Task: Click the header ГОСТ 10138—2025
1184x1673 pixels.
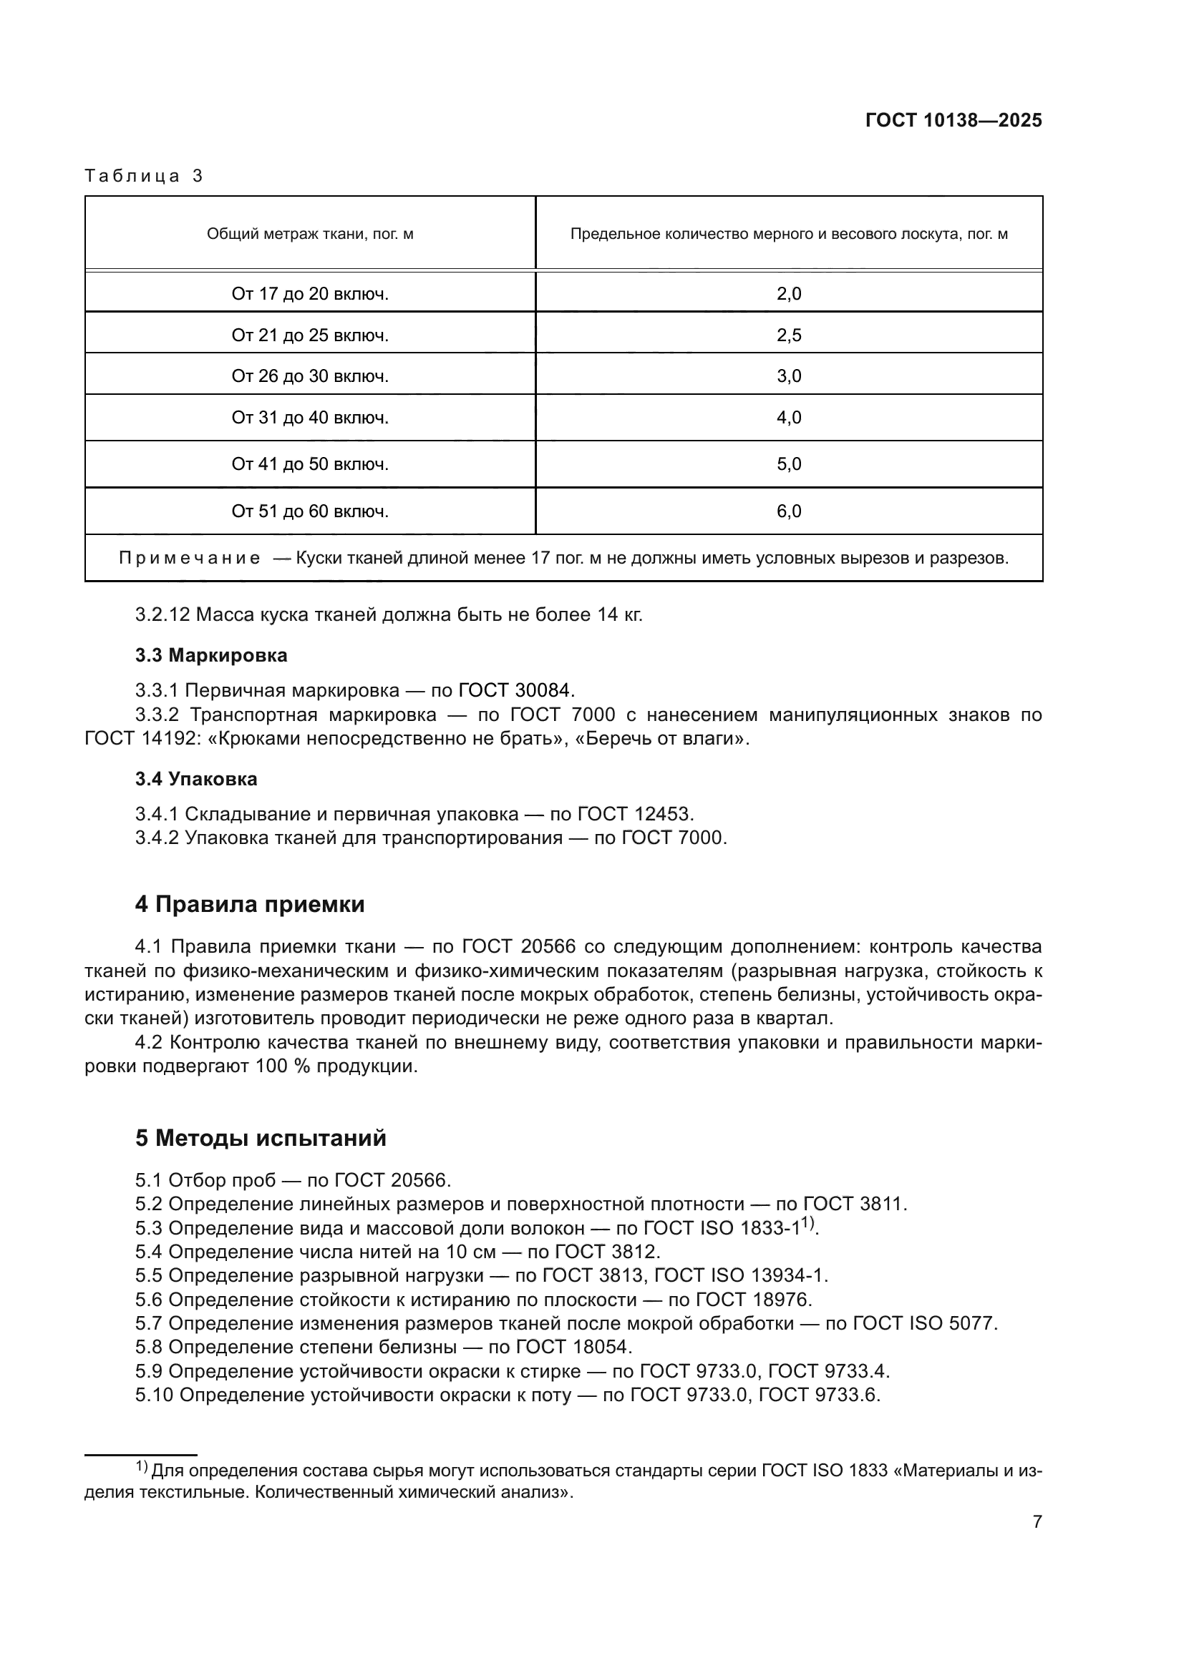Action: [953, 121]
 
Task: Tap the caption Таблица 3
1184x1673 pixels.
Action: [144, 176]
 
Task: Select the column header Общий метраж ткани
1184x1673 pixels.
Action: [310, 234]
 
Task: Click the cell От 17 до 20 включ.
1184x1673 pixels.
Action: [310, 294]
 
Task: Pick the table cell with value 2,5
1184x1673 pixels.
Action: [788, 335]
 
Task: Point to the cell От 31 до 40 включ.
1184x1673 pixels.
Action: [310, 418]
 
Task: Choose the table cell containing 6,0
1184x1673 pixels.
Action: [788, 511]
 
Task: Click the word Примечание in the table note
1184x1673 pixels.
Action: [190, 558]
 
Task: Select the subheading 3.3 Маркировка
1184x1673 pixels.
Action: [210, 655]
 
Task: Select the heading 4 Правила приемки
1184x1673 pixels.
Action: [249, 904]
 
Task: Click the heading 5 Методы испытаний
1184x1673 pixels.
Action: [261, 1138]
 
